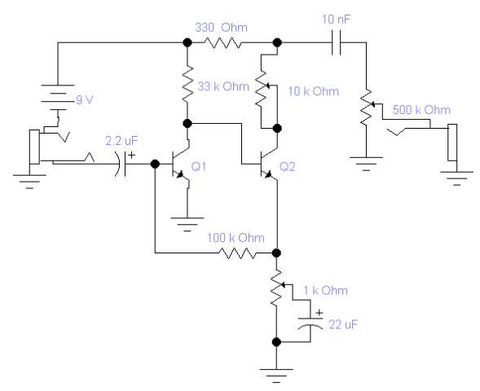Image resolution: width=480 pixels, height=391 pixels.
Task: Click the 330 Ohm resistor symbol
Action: pos(222,43)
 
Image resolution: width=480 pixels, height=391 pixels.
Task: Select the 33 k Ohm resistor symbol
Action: pos(187,83)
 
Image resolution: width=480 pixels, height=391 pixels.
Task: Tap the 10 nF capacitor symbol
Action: pos(336,42)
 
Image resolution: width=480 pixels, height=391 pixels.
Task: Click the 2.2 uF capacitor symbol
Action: pos(121,165)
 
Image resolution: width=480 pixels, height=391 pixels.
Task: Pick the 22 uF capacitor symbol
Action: pos(310,323)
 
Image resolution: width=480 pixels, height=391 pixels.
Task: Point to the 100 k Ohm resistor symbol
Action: pos(236,253)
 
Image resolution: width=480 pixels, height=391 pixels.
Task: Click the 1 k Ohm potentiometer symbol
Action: pos(278,288)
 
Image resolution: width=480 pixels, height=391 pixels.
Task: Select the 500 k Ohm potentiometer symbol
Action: pos(368,107)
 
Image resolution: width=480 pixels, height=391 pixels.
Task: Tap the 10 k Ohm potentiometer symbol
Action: pos(263,89)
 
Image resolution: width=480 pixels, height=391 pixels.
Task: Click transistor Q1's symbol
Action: pos(180,165)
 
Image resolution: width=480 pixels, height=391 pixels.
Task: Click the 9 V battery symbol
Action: pos(58,97)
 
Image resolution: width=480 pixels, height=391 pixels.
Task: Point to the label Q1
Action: pos(199,167)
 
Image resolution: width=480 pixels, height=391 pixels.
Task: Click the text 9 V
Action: pos(85,100)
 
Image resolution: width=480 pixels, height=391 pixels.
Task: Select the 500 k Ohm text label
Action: pos(421,110)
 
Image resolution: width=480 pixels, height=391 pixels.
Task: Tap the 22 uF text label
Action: pos(343,324)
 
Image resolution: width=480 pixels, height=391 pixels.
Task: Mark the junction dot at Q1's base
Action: pos(155,165)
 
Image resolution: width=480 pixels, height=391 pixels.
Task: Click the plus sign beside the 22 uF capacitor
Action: pos(319,313)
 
